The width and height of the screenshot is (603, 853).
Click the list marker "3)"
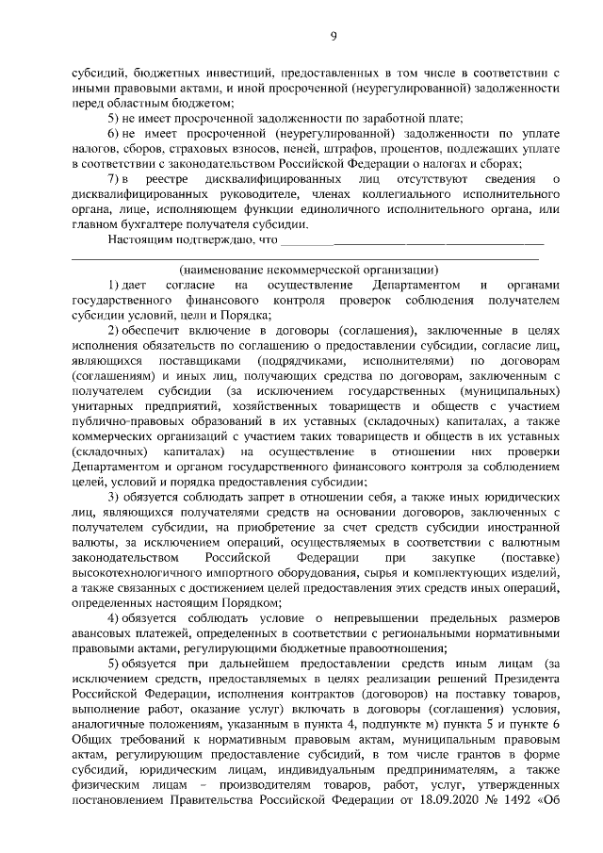pos(115,496)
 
